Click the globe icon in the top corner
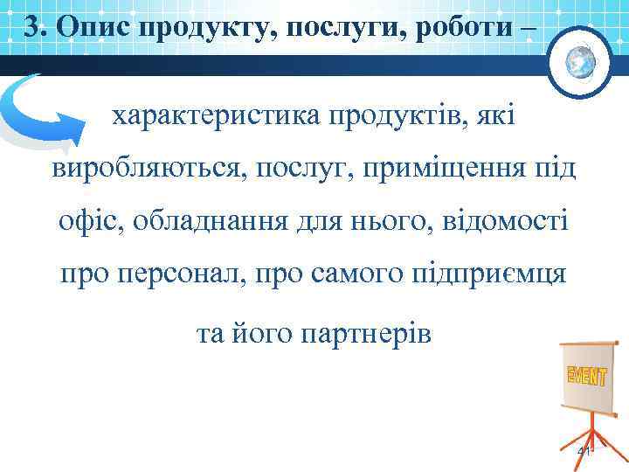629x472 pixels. tap(580, 61)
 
